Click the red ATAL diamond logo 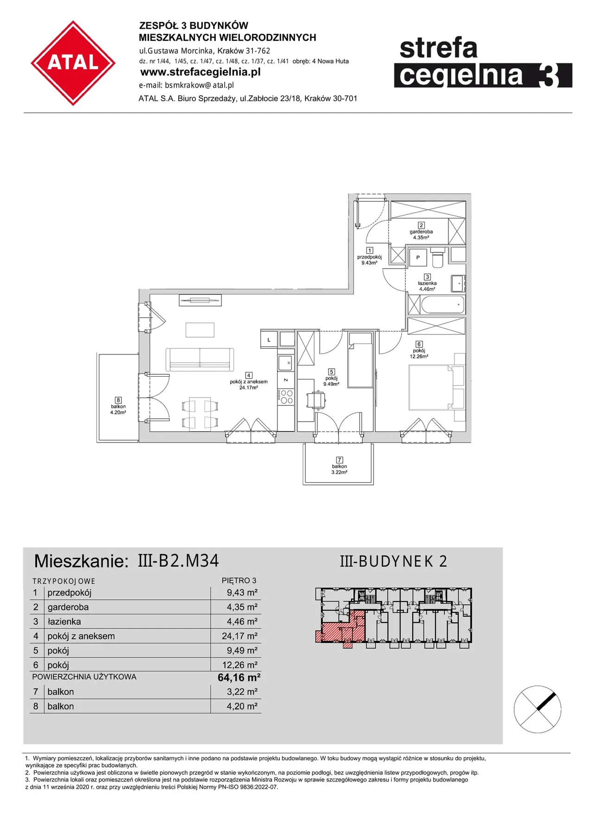pos(73,63)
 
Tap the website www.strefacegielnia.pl pos(200,72)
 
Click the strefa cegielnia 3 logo pos(483,63)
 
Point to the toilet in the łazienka pos(438,258)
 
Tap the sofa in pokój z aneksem pos(200,357)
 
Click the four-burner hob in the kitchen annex pos(286,397)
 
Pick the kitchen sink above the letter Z pos(285,363)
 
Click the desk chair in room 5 pos(316,399)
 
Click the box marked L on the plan pos(269,340)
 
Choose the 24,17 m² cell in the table pos(240,636)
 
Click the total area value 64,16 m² pos(239,678)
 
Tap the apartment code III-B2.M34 pos(178,561)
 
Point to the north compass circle pos(537,709)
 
